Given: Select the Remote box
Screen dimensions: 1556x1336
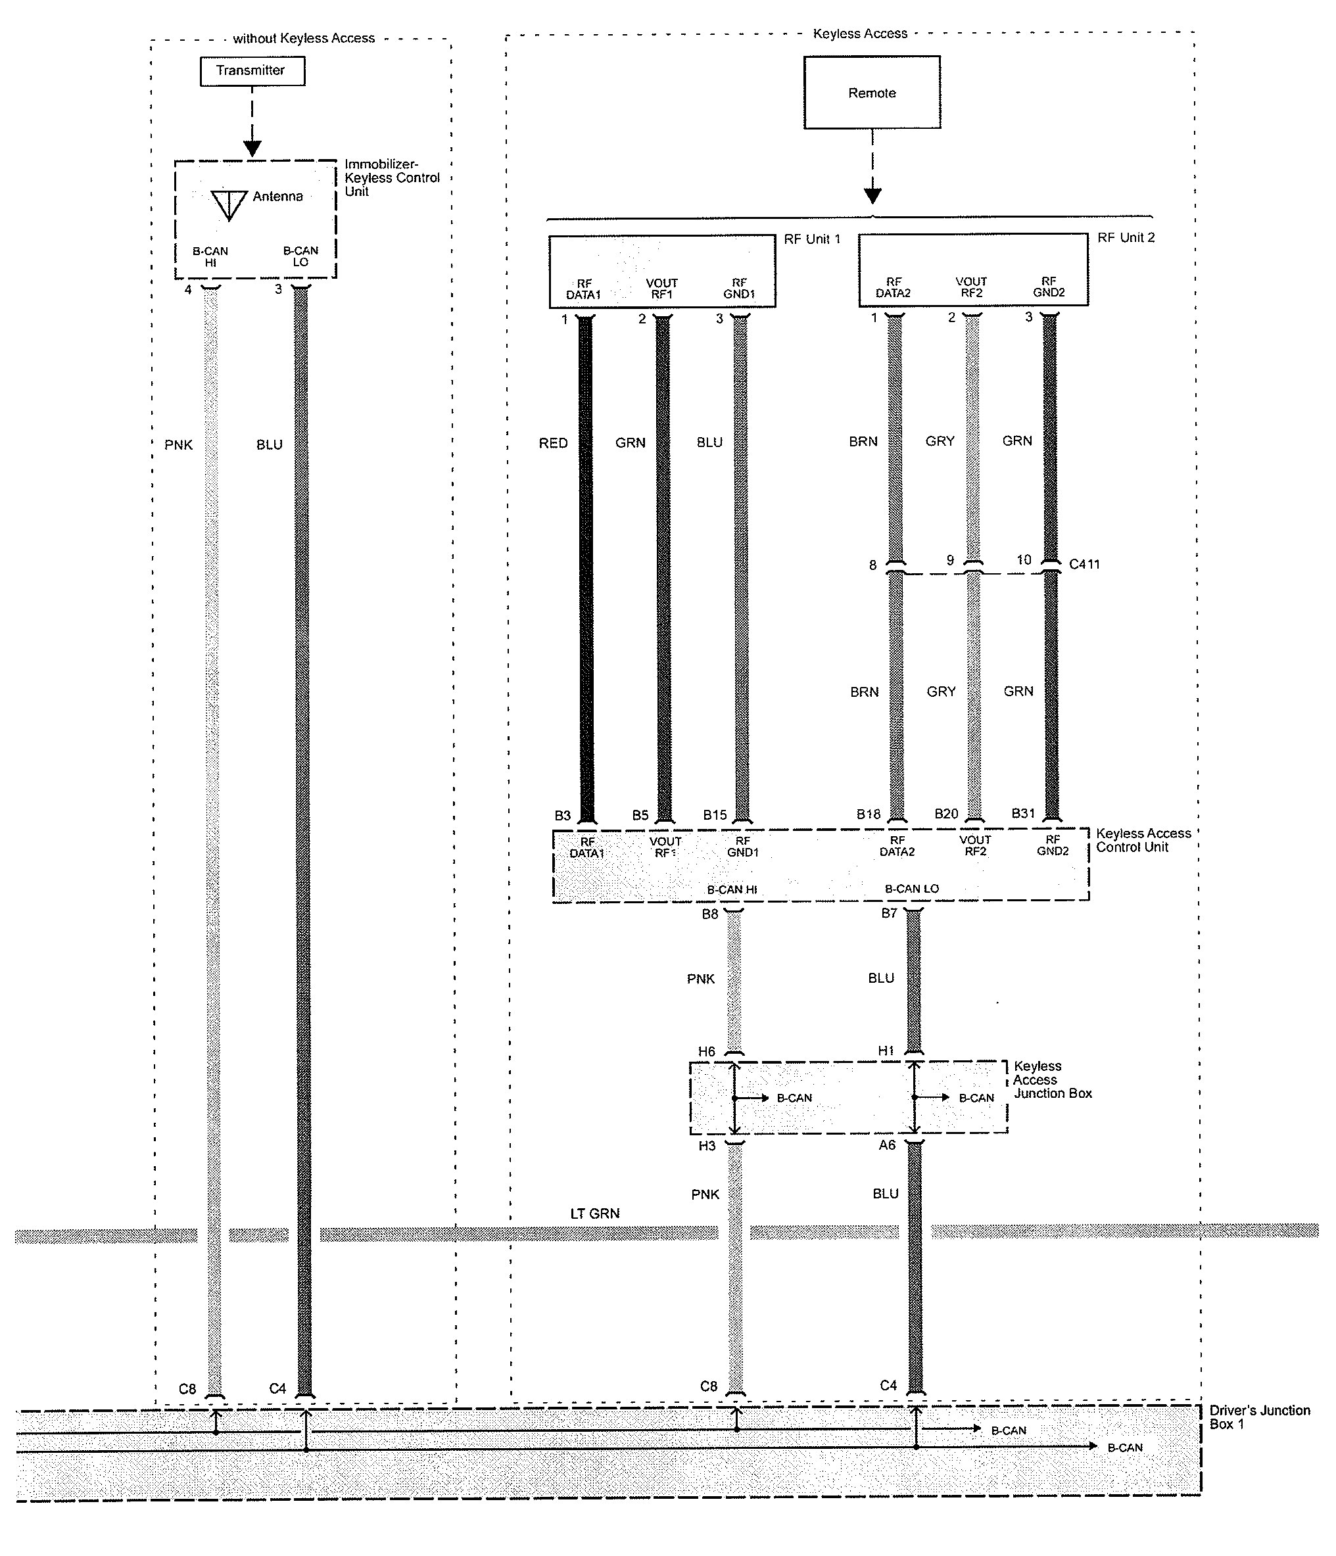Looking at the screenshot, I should pos(871,93).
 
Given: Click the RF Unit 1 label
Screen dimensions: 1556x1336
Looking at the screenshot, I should pos(812,239).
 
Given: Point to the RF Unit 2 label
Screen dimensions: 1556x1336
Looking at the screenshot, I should pos(1126,238).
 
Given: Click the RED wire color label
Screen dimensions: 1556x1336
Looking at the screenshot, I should pos(553,444).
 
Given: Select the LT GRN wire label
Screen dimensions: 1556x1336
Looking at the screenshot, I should pos(595,1214).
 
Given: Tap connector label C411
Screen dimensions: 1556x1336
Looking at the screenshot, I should pos(1084,564).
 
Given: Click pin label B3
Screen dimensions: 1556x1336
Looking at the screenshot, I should pos(563,816).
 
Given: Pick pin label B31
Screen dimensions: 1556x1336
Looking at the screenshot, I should pos(1023,813).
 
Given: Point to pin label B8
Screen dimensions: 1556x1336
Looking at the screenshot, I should pos(709,914).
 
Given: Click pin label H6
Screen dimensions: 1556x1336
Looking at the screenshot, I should pos(707,1052).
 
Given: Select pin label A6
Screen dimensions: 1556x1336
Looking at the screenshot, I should pos(887,1145).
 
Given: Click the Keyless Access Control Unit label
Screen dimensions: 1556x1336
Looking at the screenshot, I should pos(1142,840).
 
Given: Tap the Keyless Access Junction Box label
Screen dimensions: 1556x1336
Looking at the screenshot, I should pos(1051,1080).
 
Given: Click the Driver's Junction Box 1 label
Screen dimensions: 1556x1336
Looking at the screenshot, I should pos(1258,1417).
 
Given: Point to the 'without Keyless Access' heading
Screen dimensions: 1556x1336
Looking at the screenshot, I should pos(303,39).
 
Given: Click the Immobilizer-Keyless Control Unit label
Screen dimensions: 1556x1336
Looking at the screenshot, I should pos(391,178).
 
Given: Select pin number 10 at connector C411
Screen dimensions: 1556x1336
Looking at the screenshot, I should pos(1024,560).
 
